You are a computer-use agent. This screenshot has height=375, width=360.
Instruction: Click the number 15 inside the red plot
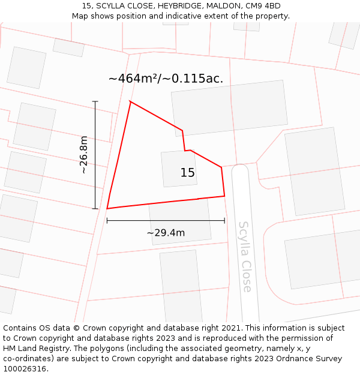(187, 173)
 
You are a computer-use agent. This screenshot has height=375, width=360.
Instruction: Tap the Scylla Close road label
(245, 256)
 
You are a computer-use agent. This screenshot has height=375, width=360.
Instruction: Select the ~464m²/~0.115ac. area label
(166, 79)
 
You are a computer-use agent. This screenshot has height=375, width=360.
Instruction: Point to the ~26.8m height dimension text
(84, 155)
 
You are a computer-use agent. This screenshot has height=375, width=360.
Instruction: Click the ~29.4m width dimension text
(166, 233)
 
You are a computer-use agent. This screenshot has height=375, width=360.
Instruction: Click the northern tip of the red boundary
(130, 101)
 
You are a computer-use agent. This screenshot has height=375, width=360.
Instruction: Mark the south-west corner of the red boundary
(107, 208)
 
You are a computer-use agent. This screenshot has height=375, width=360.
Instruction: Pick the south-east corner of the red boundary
(224, 196)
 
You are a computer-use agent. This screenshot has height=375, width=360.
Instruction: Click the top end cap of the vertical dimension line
(95, 101)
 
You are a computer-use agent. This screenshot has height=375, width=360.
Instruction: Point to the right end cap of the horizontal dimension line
(224, 220)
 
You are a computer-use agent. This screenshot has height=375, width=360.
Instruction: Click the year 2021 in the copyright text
(230, 328)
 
